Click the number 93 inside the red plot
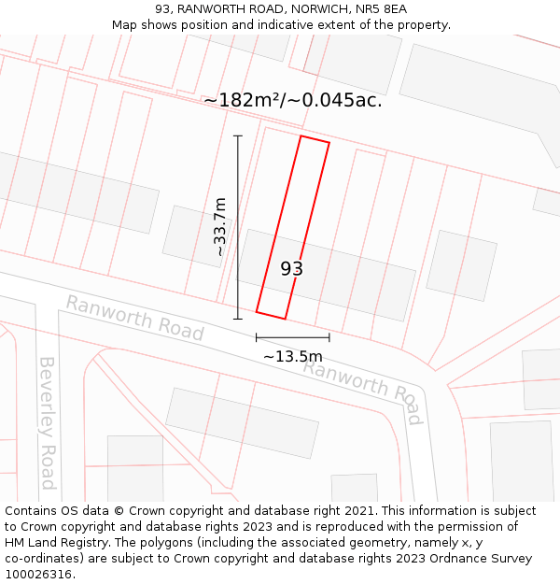coord(292,269)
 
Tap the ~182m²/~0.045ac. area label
coord(292,100)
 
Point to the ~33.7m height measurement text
coord(220,227)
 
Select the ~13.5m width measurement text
coord(292,356)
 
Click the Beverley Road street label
coord(47,422)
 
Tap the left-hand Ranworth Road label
coord(134,318)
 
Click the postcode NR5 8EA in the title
coord(384,9)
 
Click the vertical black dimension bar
coord(238,227)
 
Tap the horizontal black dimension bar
coord(292,337)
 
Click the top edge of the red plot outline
coord(315,140)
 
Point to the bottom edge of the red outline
coord(271,316)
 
